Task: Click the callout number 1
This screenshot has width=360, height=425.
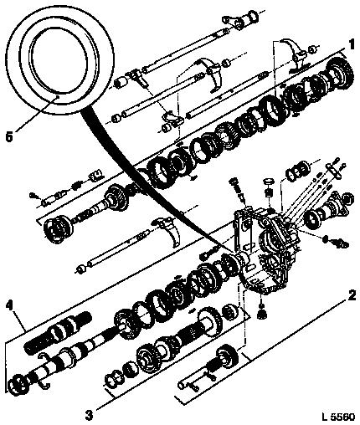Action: coord(351,44)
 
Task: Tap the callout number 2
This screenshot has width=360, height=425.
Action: coord(352,295)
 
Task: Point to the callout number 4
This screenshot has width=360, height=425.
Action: coord(10,306)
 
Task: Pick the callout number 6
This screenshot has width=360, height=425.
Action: coord(9,137)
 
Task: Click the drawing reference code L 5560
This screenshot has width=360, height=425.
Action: coord(338,417)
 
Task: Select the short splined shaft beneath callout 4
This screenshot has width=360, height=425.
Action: coord(58,333)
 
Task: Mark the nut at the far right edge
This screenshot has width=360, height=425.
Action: coord(348,199)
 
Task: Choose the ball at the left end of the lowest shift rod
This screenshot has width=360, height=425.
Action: coord(80,269)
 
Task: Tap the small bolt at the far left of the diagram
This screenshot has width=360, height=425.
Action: coord(33,196)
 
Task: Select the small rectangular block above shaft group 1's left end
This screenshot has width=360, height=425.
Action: coord(95,176)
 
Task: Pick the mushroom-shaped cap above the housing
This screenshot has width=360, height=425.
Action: coord(269,182)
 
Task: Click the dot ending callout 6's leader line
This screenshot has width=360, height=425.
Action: coord(57,96)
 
